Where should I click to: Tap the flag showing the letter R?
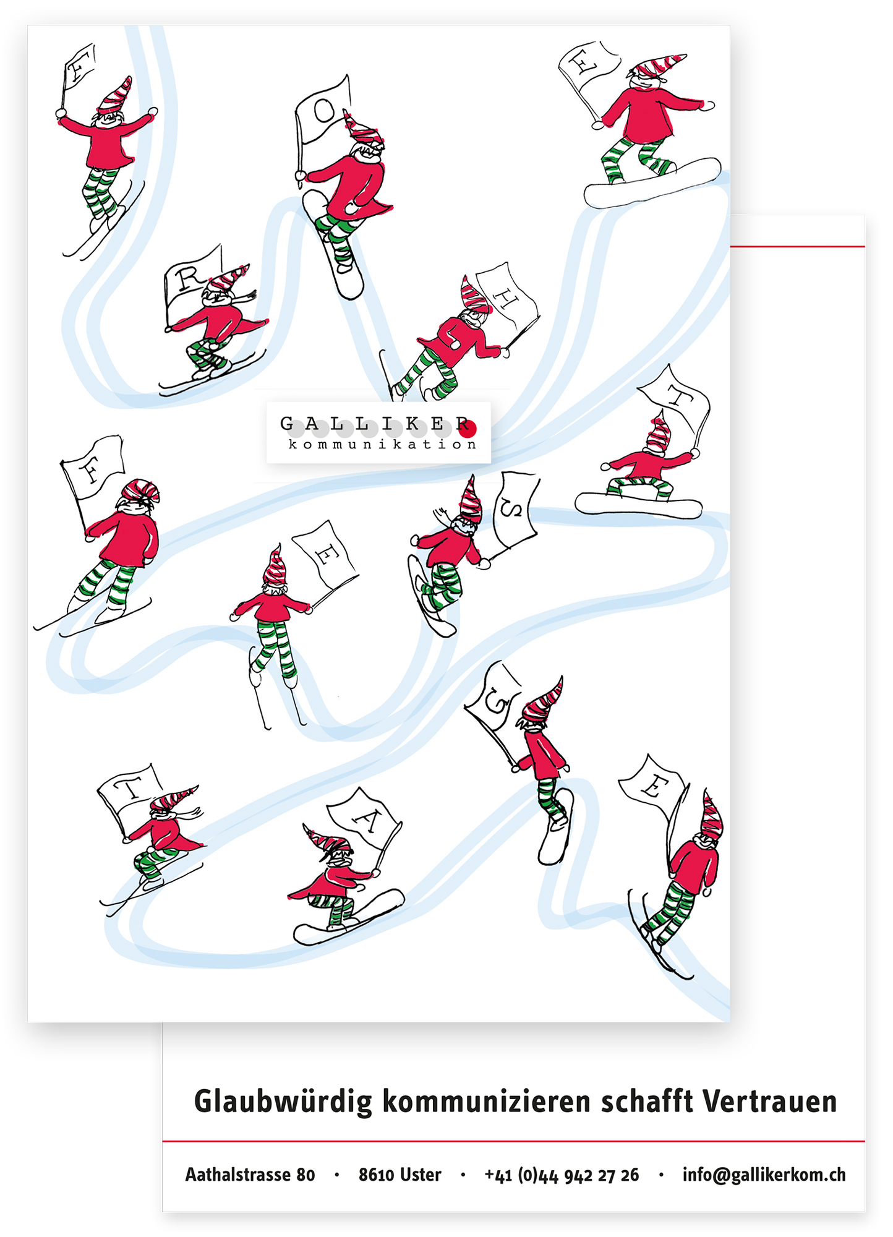[x=192, y=285]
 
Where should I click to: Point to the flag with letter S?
[x=515, y=510]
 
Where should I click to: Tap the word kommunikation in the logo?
[x=382, y=444]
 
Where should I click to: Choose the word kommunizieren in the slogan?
[x=486, y=1101]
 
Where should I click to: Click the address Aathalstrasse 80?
[x=250, y=1175]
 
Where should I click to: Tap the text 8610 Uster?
[x=399, y=1175]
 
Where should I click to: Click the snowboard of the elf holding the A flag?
[x=349, y=918]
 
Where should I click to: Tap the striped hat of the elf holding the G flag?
[x=542, y=700]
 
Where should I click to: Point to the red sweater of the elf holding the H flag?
[x=461, y=339]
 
